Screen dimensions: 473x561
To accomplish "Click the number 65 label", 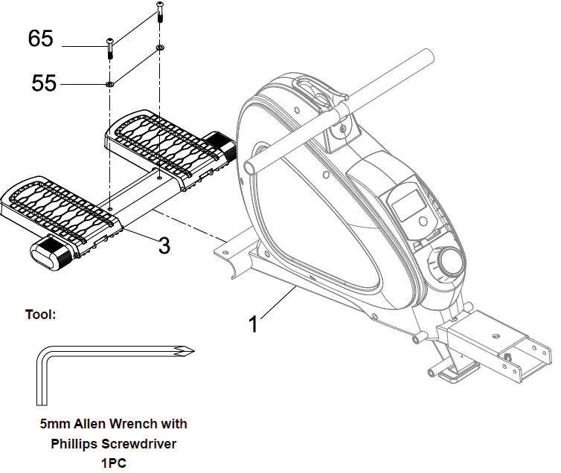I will coord(41,39).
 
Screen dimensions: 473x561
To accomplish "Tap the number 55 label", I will coord(44,83).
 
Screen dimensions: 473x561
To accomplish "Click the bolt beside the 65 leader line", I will coord(110,48).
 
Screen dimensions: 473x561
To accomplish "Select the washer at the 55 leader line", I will coord(110,84).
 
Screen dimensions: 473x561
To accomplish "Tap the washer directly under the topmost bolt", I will coord(159,48).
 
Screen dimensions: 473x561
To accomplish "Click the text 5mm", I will coord(56,424).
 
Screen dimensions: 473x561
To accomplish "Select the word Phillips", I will coord(75,444).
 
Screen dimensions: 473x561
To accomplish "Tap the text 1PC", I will coord(112,463).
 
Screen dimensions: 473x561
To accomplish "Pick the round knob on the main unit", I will coord(450,262).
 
